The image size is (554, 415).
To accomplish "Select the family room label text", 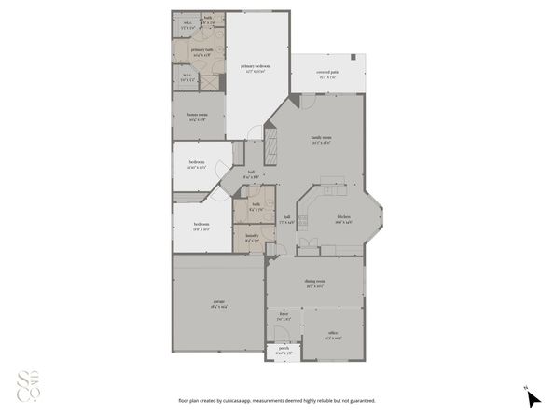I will click(x=322, y=139).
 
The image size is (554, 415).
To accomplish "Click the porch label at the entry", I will click(x=284, y=351).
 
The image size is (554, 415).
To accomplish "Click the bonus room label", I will click(x=198, y=118).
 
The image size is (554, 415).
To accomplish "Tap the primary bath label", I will click(x=201, y=52).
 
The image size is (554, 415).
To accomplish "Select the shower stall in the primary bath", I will click(x=211, y=82).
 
